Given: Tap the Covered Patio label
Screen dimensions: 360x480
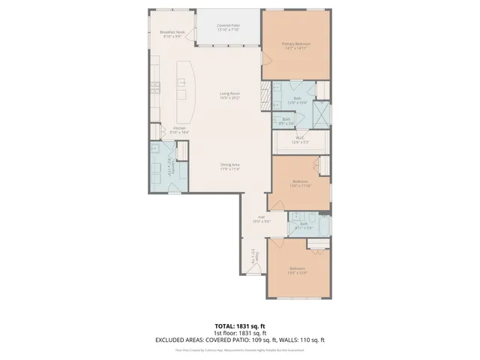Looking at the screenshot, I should tap(228, 28).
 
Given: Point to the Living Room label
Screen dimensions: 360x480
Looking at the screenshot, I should tap(229, 95).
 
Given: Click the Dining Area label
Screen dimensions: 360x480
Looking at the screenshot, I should tap(229, 167).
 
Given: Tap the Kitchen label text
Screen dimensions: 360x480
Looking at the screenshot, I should tap(180, 130).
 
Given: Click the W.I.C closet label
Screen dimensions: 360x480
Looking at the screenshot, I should tap(298, 139).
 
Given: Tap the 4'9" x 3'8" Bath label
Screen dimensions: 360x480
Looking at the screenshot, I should tap(286, 121).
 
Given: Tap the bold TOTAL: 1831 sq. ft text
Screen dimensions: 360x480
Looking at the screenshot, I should tap(240, 326).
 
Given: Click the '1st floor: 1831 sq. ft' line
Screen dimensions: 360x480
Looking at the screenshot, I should tap(240, 333).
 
